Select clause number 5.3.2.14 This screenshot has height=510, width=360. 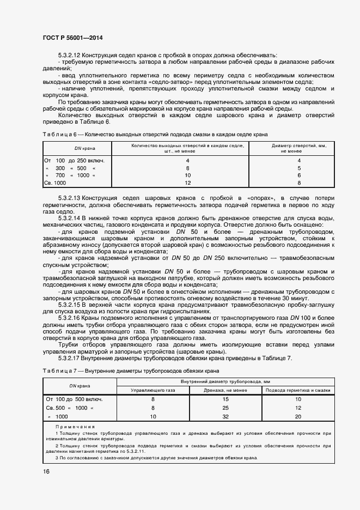pos(69,218)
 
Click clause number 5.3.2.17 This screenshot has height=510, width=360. pos(69,358)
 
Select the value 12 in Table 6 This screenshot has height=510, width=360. pos(188,183)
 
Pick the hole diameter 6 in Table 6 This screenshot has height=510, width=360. pos(299,175)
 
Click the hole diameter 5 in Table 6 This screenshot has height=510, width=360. pos(299,168)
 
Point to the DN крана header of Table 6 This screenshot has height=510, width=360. pos(77,148)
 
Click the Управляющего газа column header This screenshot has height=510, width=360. pos(154,391)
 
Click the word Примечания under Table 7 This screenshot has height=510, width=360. pos(75,426)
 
